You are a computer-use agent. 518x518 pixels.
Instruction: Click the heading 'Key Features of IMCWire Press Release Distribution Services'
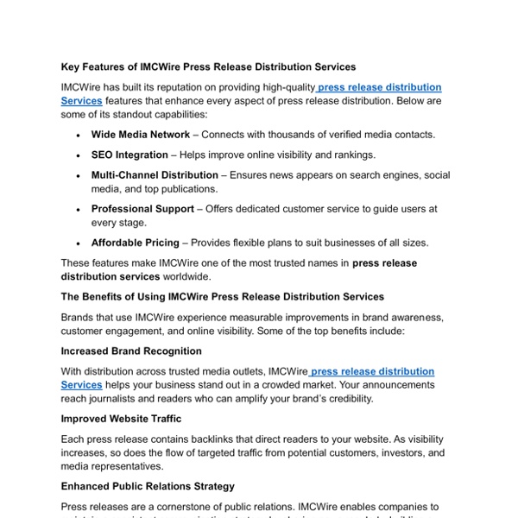208,66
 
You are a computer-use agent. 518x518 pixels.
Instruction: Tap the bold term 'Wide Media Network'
141,135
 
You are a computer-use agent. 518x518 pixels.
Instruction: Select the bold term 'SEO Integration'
129,155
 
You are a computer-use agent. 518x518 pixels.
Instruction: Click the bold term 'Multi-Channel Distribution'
155,175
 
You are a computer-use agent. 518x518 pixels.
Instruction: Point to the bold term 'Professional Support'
142,209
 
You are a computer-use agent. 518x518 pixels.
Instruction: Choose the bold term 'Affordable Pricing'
136,243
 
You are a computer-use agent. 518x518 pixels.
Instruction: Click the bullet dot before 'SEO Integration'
79,155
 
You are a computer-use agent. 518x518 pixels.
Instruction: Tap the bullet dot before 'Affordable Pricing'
79,243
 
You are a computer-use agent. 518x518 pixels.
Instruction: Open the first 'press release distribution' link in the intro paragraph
380,88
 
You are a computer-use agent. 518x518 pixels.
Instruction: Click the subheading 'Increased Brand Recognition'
131,351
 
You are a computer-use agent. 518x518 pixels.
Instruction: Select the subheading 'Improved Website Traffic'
121,419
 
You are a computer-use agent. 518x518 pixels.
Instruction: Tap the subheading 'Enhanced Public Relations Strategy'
148,486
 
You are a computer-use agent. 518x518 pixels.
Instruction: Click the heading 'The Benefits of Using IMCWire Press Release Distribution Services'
223,296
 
